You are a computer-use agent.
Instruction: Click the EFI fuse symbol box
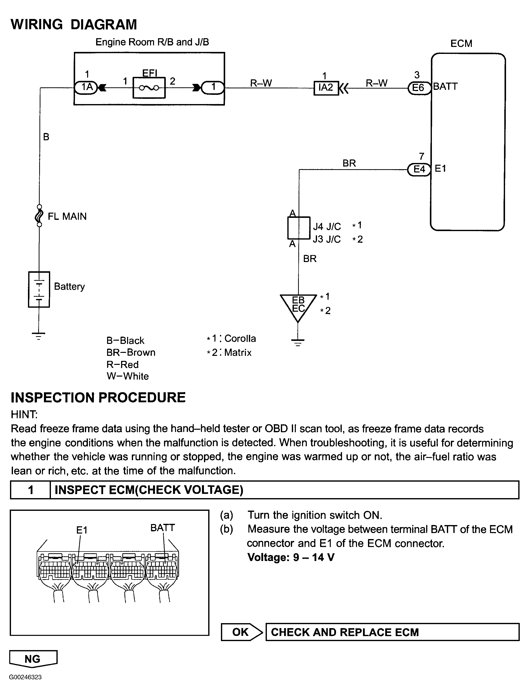coord(149,88)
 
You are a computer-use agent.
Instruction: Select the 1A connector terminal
coord(86,87)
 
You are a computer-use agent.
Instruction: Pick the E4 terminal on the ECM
coord(419,169)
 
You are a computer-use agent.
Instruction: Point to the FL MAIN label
coord(67,216)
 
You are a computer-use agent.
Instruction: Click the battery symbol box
coord(39,289)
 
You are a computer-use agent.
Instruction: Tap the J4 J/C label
coord(327,226)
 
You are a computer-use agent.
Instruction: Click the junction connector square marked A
coord(299,228)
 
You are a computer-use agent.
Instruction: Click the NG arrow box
coord(33,659)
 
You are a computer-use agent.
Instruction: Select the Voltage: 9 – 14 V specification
coord(291,557)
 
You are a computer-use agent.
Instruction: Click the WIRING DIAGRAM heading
coord(74,25)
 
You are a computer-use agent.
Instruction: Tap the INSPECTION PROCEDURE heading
coord(98,398)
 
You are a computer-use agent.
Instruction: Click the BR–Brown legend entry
coord(131,352)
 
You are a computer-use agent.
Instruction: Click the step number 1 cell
coord(31,490)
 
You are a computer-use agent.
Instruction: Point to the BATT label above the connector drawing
coord(162,528)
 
